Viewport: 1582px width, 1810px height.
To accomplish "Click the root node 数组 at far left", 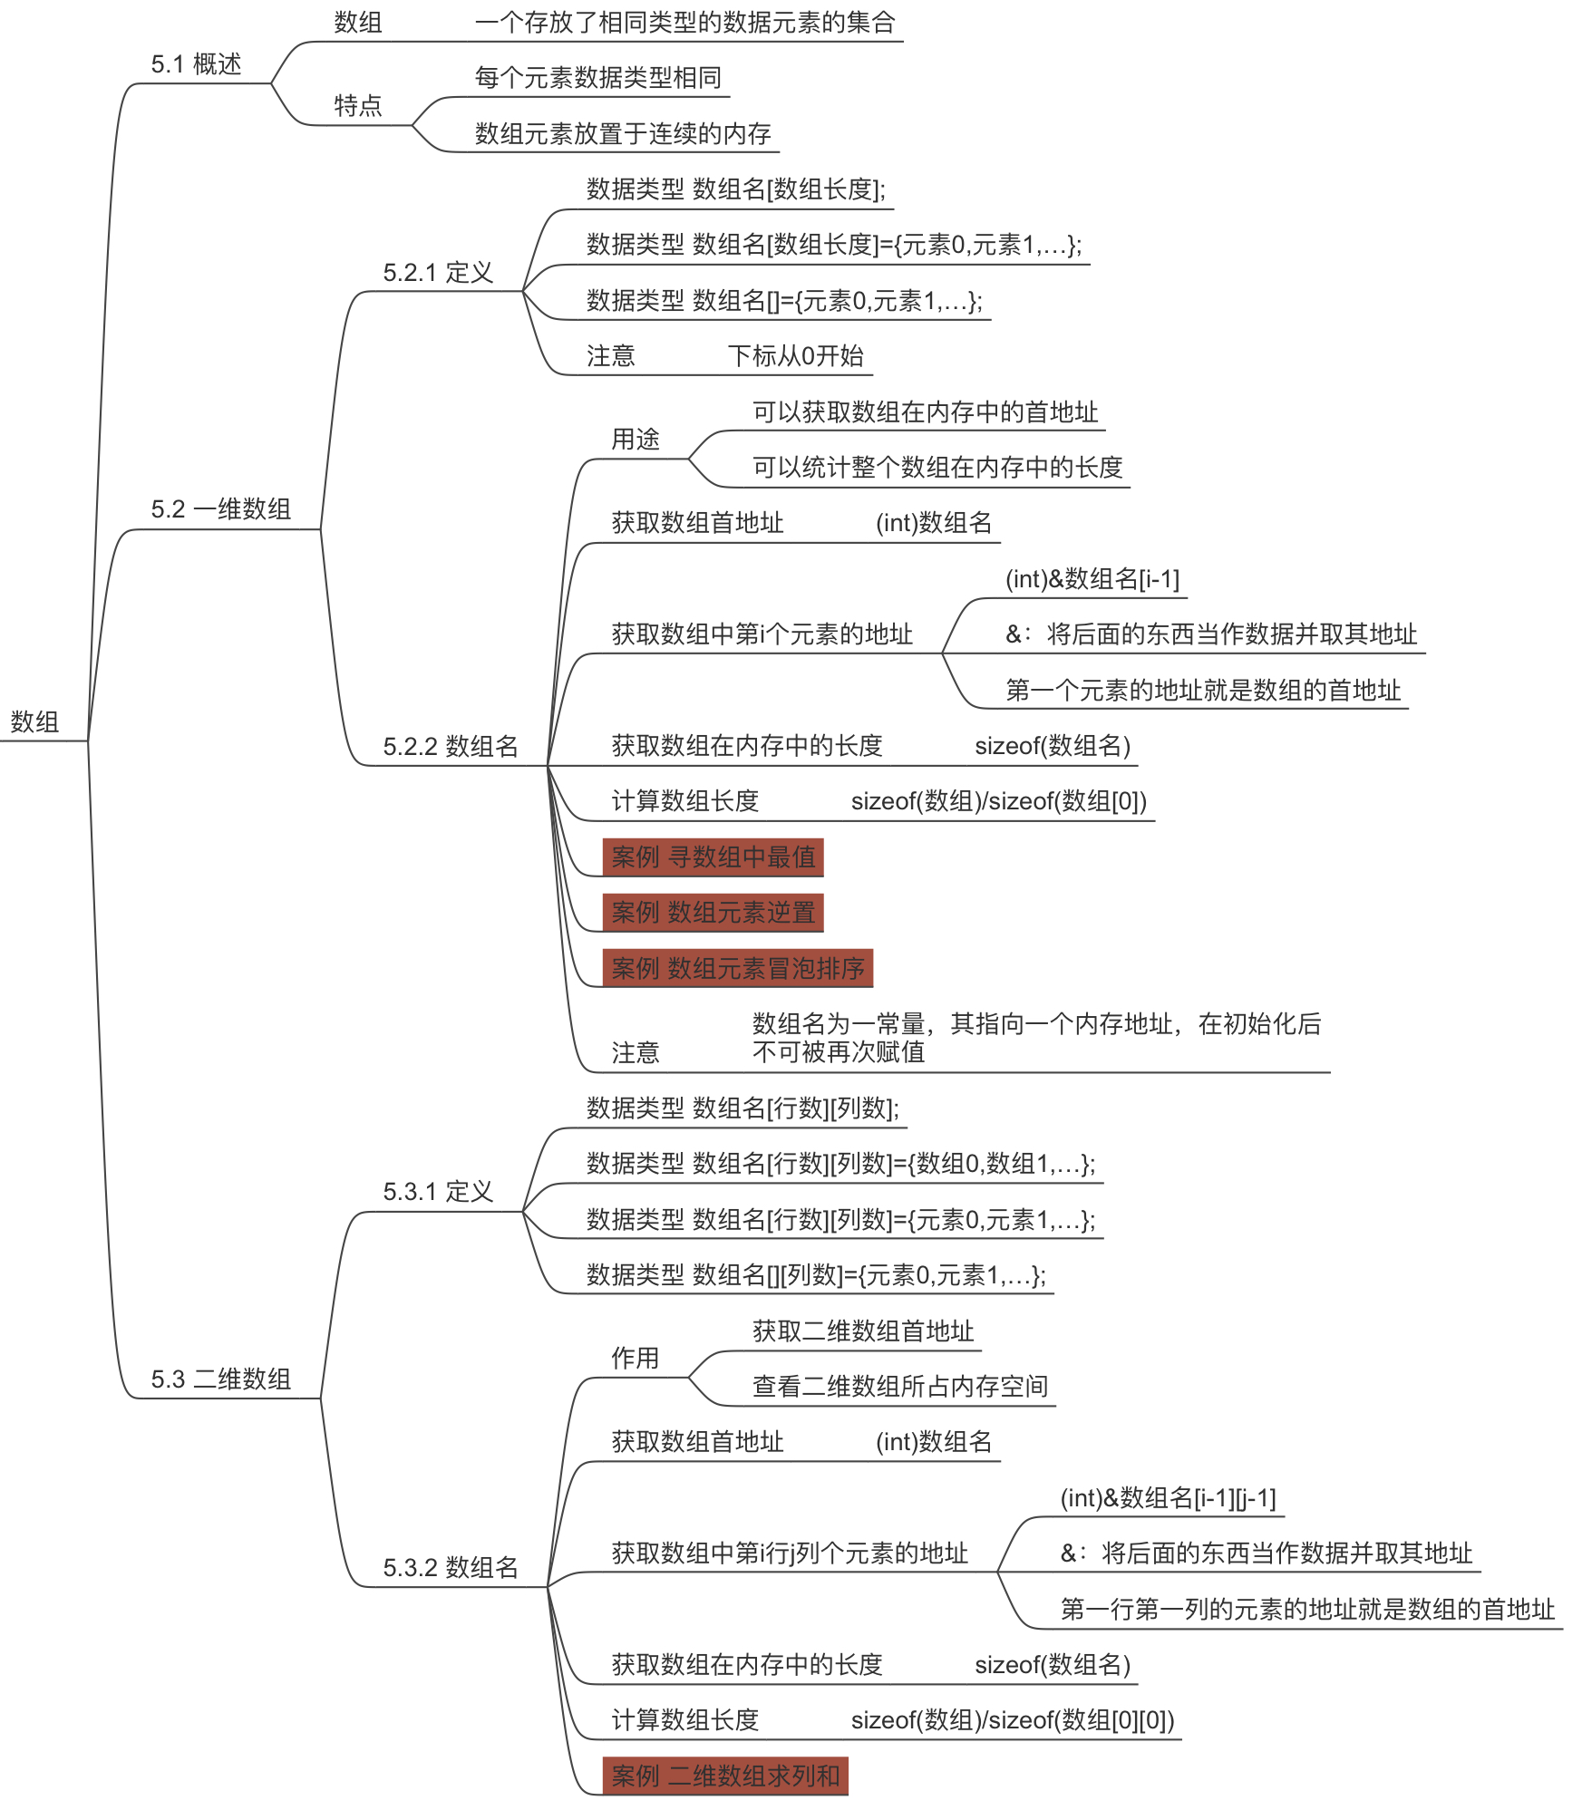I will (34, 721).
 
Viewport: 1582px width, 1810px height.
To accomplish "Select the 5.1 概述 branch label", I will (196, 64).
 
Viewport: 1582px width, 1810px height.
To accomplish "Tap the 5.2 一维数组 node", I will (220, 509).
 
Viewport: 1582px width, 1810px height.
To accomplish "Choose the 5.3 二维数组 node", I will (220, 1379).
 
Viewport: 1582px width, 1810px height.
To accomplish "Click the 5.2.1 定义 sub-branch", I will (438, 273).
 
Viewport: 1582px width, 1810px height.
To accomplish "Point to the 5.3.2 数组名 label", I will (450, 1567).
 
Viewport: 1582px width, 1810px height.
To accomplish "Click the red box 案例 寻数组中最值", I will (713, 857).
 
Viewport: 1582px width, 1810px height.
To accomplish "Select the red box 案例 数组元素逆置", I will (713, 913).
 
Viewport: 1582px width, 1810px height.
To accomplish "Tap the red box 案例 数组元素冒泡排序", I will (737, 968).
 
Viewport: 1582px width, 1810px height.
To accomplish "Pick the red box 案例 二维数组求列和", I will (725, 1776).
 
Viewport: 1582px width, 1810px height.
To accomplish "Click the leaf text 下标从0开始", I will (795, 356).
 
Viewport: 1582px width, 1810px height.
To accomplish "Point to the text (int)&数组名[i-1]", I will (1092, 579).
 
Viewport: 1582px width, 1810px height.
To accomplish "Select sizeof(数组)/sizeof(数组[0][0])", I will (1012, 1720).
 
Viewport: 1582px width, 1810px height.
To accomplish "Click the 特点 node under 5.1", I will (358, 106).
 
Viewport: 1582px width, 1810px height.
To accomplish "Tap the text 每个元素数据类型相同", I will (598, 78).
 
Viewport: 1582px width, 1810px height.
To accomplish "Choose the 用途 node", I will (635, 440).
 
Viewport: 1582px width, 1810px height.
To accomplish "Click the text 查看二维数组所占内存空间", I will (899, 1386).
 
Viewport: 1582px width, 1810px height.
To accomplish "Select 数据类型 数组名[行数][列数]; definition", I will (742, 1108).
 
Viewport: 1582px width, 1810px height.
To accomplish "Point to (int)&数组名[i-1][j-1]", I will (1168, 1498).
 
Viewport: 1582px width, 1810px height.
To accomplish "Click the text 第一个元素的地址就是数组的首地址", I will (1203, 691).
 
